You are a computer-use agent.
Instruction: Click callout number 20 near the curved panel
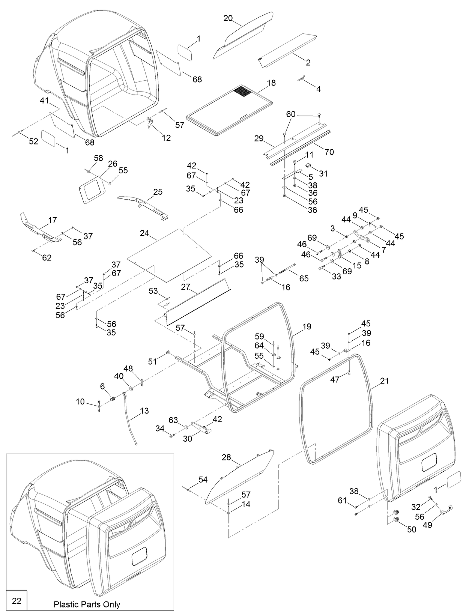pyautogui.click(x=228, y=18)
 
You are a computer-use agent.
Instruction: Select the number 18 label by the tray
pyautogui.click(x=271, y=83)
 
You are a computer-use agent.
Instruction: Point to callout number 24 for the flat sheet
pyautogui.click(x=144, y=233)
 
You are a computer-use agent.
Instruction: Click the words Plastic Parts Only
pyautogui.click(x=87, y=604)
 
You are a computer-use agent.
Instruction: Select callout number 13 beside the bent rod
pyautogui.click(x=144, y=411)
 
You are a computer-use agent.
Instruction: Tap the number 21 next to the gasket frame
pyautogui.click(x=384, y=381)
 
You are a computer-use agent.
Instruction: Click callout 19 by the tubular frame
pyautogui.click(x=307, y=326)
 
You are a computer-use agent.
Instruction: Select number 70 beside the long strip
pyautogui.click(x=329, y=152)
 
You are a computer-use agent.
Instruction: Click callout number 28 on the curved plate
pyautogui.click(x=226, y=457)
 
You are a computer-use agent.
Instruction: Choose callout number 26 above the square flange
pyautogui.click(x=113, y=164)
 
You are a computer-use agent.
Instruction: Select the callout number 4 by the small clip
pyautogui.click(x=319, y=89)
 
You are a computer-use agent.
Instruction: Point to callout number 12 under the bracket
pyautogui.click(x=166, y=138)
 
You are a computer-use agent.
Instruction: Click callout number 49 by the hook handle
pyautogui.click(x=427, y=525)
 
